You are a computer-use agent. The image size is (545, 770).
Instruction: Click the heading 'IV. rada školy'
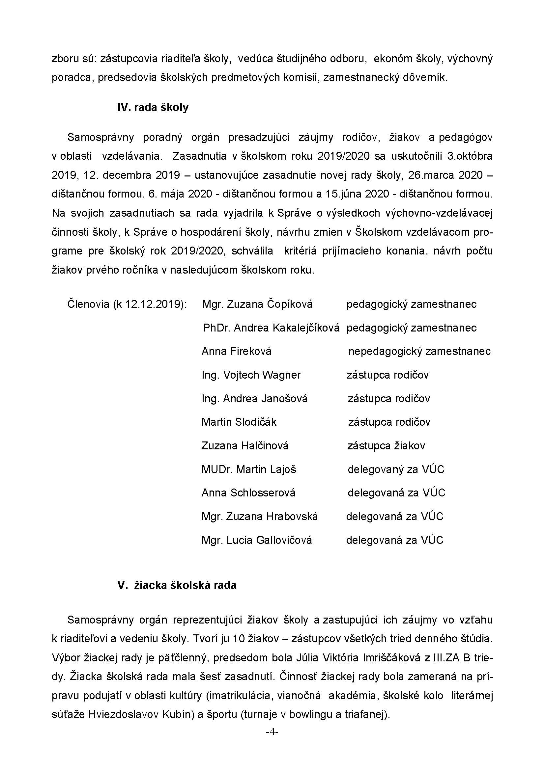tap(153, 108)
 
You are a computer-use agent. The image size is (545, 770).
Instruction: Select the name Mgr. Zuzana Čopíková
tap(257, 304)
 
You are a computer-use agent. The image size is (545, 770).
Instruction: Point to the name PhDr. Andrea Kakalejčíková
tap(271, 328)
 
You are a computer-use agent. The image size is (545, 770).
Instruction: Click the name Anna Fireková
tap(236, 351)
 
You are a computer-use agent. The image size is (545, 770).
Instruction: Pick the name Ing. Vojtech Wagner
tap(251, 375)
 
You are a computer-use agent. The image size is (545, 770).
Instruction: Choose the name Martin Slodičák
tap(239, 422)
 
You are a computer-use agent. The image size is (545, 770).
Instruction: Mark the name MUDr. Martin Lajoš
tap(249, 469)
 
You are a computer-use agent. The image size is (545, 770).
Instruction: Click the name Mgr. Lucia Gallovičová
tap(257, 540)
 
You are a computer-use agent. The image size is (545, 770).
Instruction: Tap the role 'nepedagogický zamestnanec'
tap(419, 351)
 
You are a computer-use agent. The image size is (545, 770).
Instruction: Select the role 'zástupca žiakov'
tap(386, 446)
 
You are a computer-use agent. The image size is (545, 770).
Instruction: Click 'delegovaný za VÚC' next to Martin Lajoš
tap(396, 469)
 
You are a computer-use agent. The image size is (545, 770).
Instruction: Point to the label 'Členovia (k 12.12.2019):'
tap(127, 304)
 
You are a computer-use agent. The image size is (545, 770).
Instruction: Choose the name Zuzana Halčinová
tap(245, 446)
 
